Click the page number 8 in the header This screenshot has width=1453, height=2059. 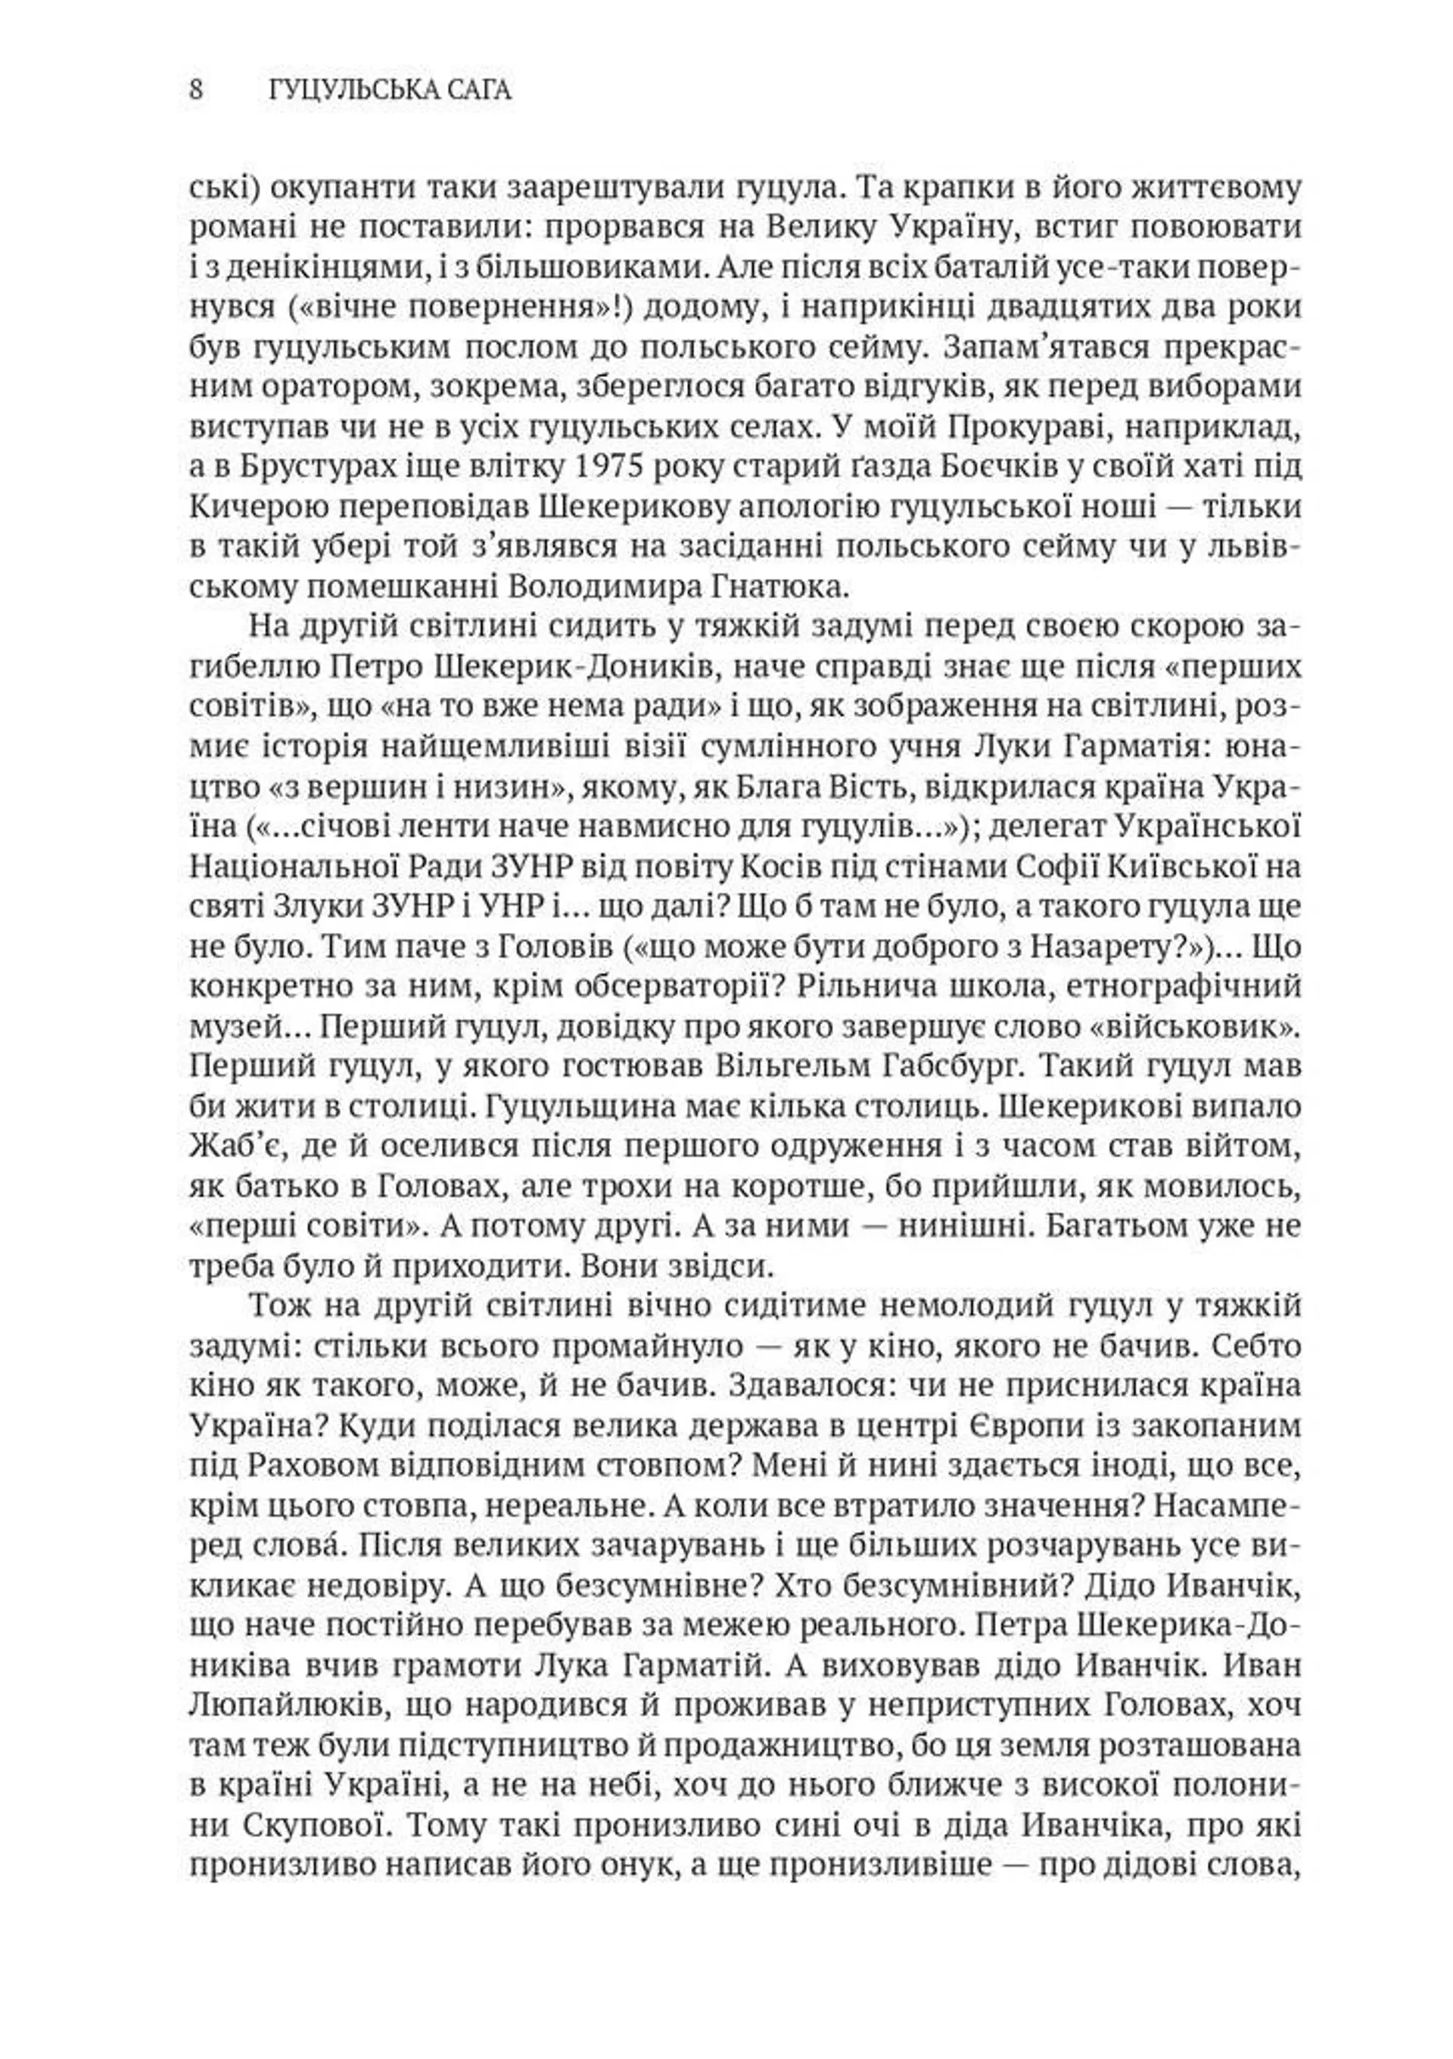tap(196, 91)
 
